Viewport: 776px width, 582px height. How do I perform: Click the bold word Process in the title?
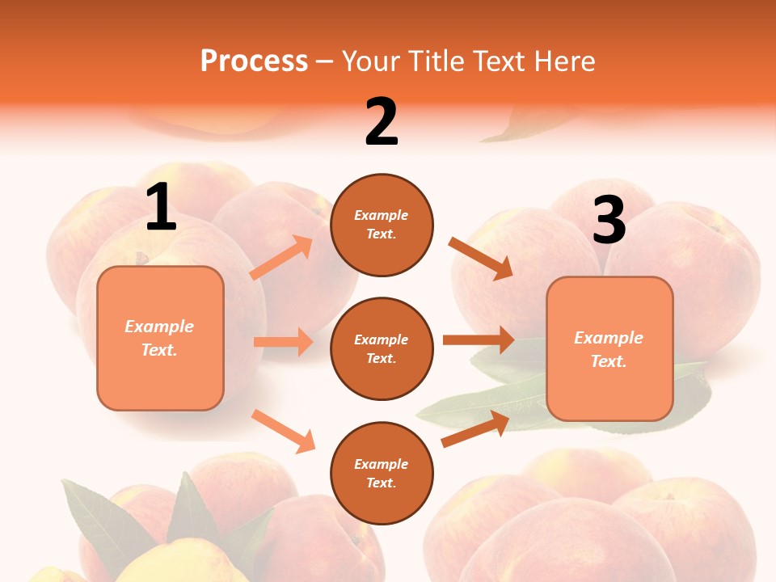pos(254,61)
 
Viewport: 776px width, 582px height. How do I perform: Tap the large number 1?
pos(161,208)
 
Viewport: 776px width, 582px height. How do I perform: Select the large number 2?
pos(382,122)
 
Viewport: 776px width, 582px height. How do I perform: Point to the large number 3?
pos(609,220)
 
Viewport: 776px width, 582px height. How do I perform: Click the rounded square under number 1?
pos(160,338)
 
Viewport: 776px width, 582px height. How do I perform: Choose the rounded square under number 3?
pos(609,349)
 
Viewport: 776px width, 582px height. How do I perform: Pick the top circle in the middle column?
pos(382,225)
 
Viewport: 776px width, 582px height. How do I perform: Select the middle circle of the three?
pos(382,349)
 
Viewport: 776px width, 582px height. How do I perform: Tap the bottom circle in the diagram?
pos(382,474)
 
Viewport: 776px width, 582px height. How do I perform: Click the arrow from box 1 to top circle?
pos(281,258)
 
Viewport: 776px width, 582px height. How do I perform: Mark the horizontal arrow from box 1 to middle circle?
pos(283,342)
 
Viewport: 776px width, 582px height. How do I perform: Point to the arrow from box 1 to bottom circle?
pos(283,431)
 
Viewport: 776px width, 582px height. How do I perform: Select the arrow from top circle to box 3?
pos(481,259)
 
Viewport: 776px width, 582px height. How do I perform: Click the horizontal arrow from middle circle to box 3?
pos(479,339)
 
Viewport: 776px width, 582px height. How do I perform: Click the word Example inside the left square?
pos(159,327)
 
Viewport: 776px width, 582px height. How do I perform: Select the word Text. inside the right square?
pos(609,361)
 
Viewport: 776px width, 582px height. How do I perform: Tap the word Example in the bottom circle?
pos(382,464)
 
